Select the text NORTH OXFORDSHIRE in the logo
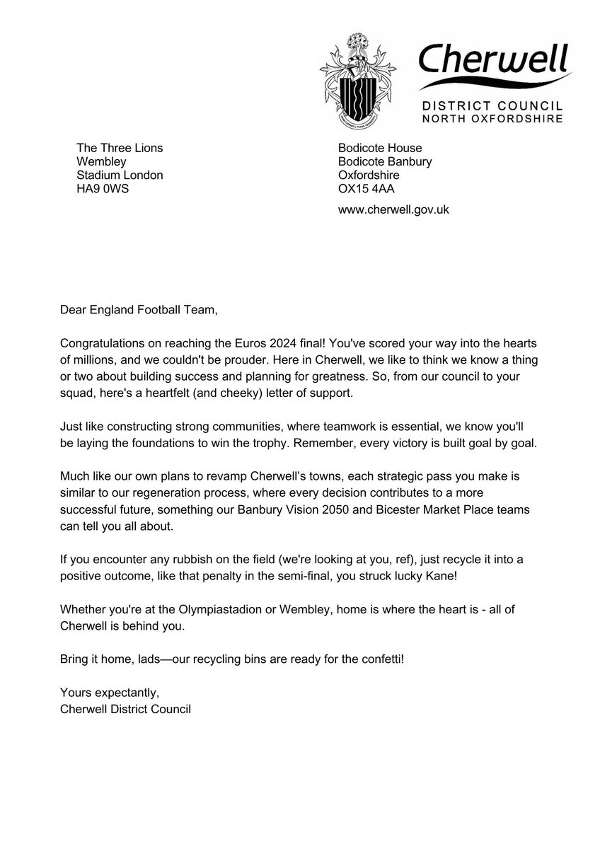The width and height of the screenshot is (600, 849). (x=492, y=119)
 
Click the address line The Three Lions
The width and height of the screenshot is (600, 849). (x=120, y=148)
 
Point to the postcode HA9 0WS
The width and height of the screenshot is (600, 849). (x=103, y=188)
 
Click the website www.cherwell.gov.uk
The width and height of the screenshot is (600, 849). (x=394, y=209)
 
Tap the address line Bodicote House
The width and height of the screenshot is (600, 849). (x=380, y=148)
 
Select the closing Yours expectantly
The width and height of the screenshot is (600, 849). (x=105, y=693)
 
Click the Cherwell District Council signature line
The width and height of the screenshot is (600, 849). (x=126, y=707)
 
